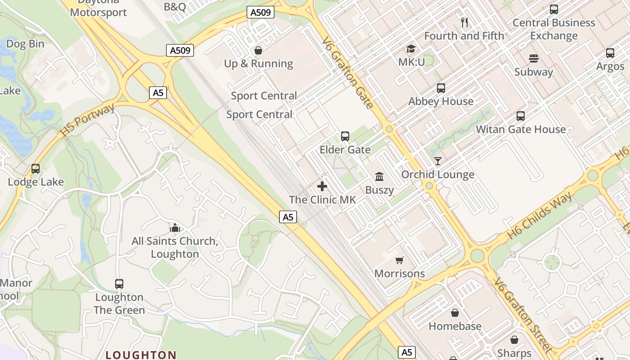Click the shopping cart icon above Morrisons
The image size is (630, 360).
point(399,260)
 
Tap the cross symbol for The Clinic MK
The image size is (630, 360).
point(322,186)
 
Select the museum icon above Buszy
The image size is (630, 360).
point(379,176)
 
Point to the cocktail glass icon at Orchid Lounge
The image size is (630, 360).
point(437,161)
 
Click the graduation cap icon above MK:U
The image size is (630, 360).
point(411,49)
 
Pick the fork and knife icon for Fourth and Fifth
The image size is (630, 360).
point(464,22)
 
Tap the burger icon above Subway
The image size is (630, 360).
point(534,58)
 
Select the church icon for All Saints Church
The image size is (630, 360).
point(175,228)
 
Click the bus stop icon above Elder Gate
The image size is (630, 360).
point(345,136)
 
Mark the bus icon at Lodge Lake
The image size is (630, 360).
point(36,169)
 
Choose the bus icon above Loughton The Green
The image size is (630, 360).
point(119,284)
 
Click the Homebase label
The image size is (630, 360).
point(455,326)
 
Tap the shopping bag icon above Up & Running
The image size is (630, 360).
point(259,50)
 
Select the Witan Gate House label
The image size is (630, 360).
point(521,130)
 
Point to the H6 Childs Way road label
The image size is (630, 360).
point(540,216)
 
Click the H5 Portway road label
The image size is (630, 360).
point(87,120)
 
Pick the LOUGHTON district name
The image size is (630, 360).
point(141,355)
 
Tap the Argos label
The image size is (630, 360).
point(610,67)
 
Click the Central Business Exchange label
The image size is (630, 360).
point(554,29)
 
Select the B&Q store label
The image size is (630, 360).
point(175,6)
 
